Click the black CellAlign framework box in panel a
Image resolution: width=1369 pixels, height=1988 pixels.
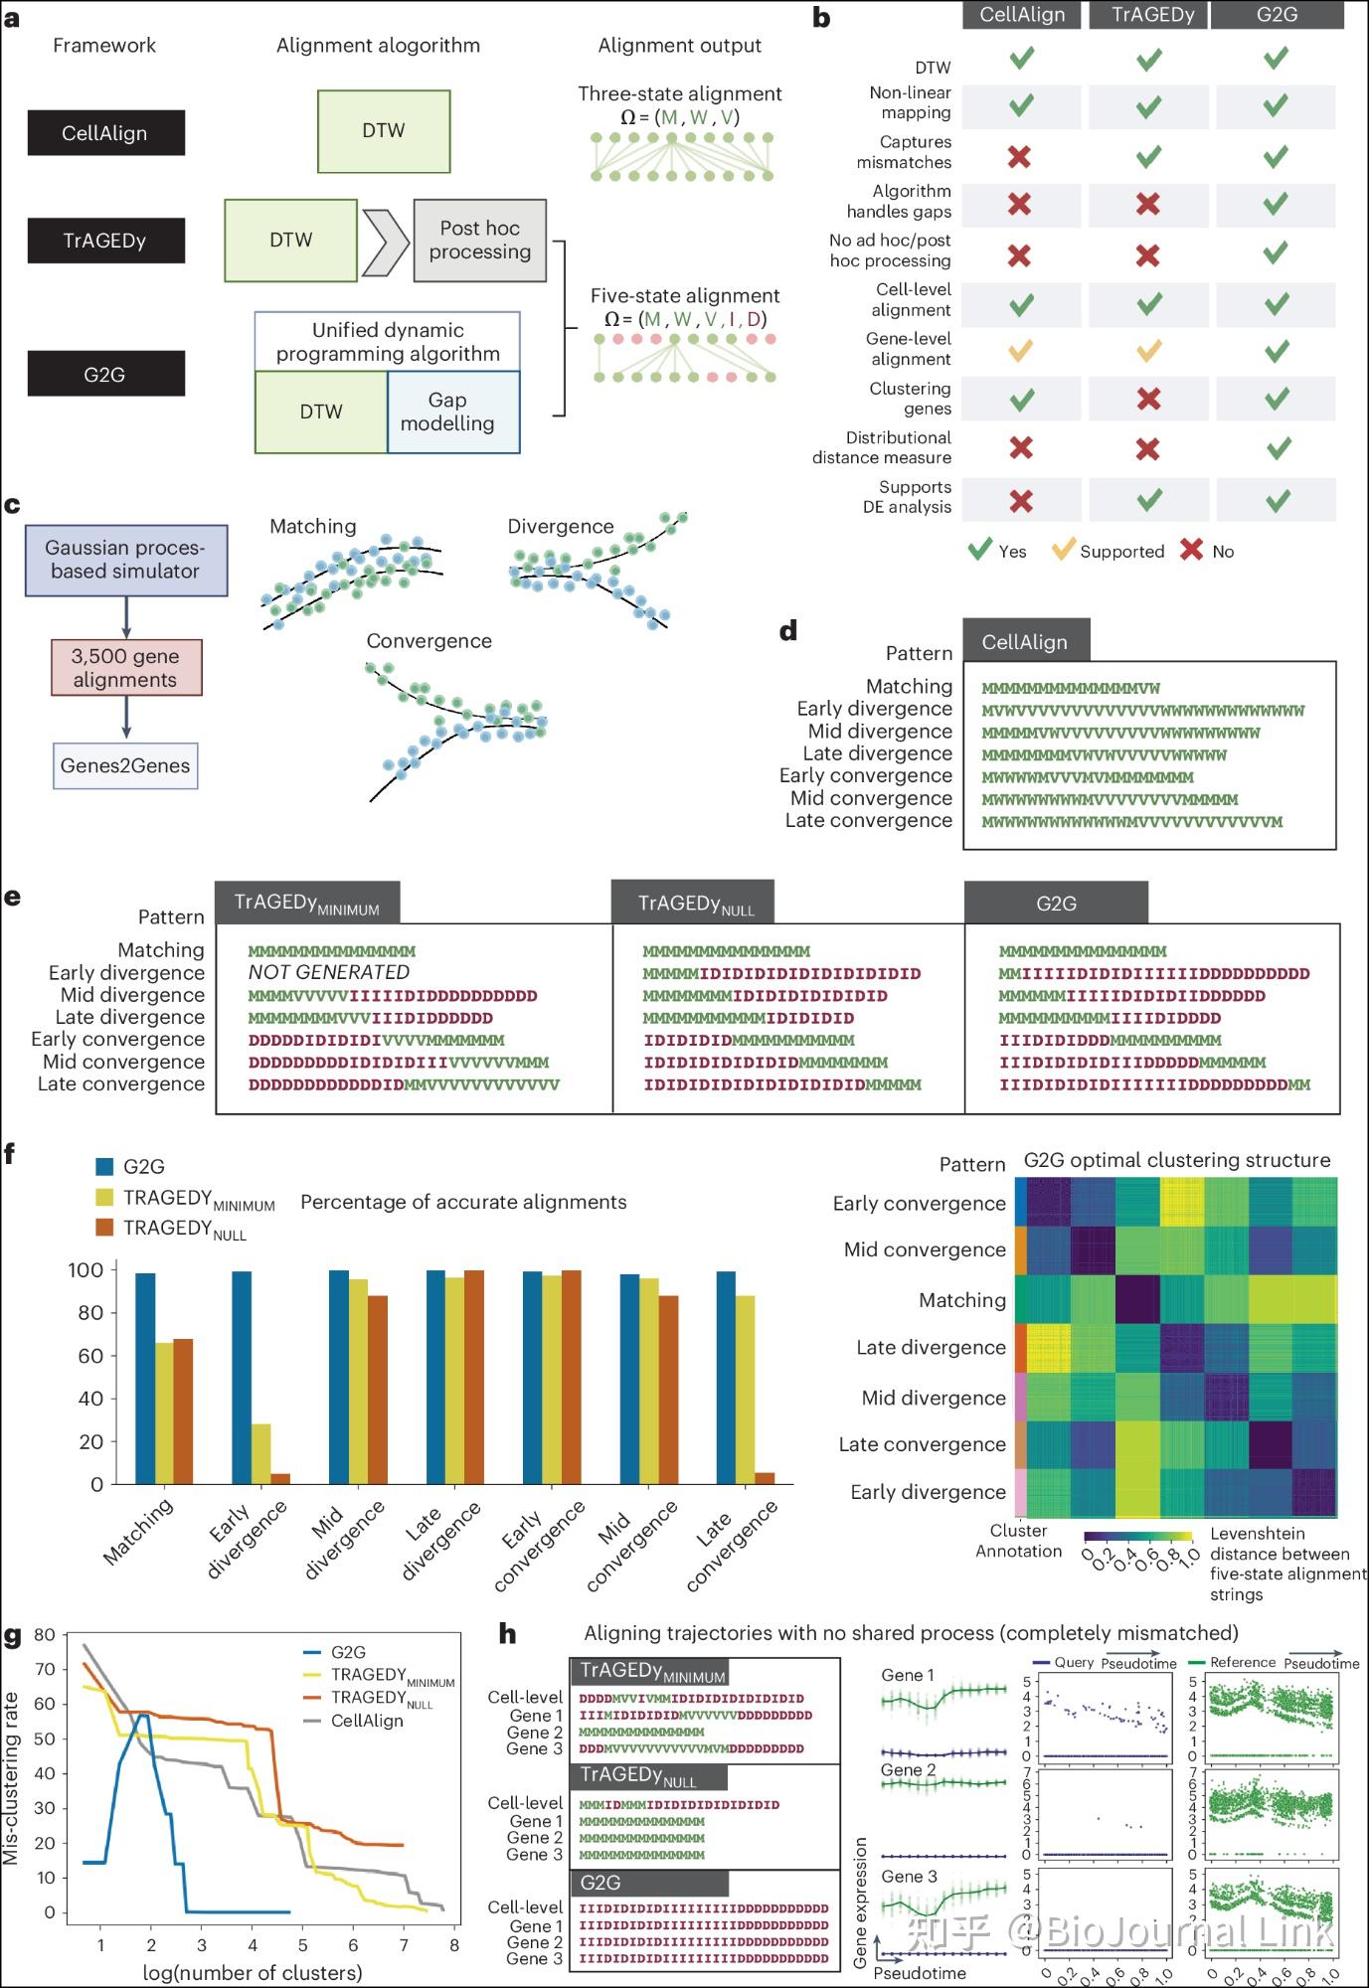click(105, 133)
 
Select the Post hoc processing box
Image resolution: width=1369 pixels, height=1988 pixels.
click(479, 241)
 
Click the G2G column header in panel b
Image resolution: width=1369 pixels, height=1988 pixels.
click(1277, 15)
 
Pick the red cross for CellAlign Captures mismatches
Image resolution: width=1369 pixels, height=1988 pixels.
click(1019, 156)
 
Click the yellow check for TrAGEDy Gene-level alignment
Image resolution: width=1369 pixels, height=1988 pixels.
click(1148, 351)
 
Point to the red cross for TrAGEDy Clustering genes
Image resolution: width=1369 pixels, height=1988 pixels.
click(1148, 400)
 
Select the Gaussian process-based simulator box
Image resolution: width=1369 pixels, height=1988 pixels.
click(126, 560)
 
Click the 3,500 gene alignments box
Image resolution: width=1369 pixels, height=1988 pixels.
click(126, 668)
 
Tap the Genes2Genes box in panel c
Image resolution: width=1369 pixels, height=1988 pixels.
click(125, 765)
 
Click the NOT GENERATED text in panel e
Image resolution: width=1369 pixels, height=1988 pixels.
click(329, 972)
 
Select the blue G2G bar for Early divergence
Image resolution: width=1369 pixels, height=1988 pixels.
click(242, 1378)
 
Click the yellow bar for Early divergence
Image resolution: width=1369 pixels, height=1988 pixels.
click(260, 1453)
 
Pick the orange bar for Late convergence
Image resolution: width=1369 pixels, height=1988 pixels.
click(765, 1478)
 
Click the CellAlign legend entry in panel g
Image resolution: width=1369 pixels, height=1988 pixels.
click(366, 1721)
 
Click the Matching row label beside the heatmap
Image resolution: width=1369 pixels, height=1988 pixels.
click(962, 1300)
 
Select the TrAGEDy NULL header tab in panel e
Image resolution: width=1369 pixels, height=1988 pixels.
click(693, 904)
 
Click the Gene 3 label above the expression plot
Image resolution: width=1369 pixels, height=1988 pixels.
click(909, 1877)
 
